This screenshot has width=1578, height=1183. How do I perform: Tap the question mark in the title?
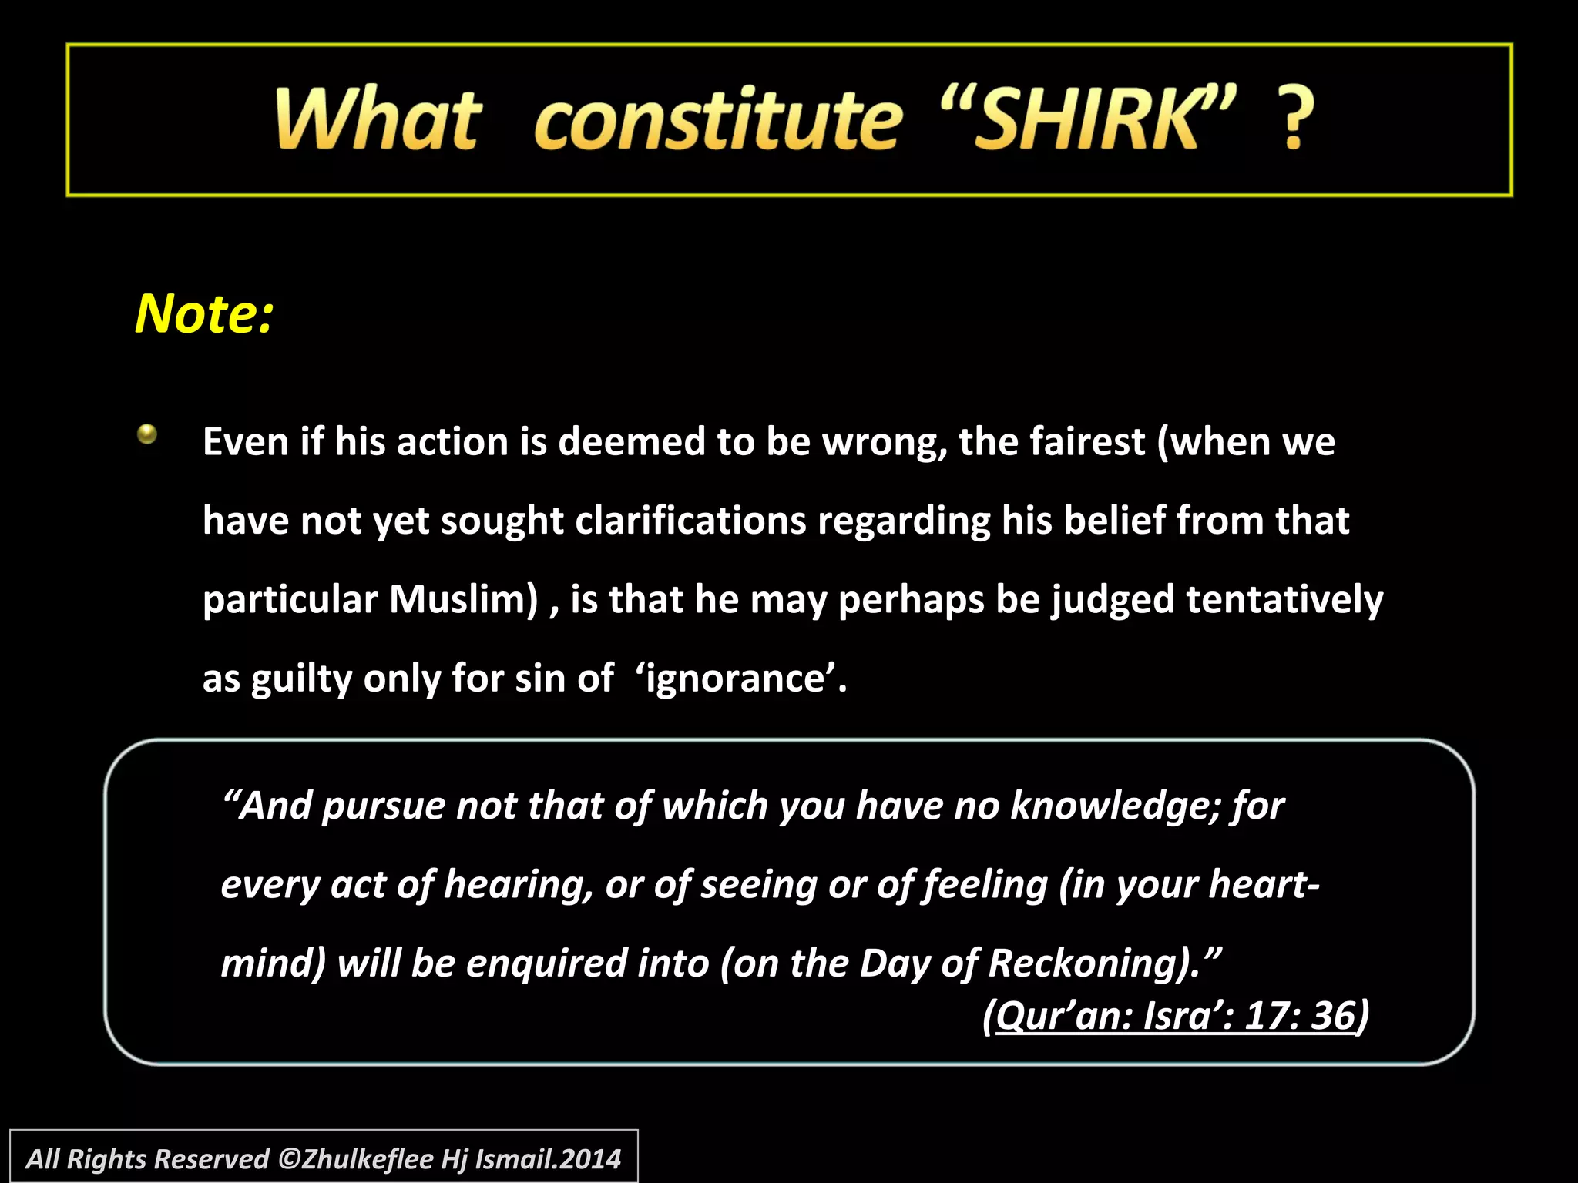(1298, 119)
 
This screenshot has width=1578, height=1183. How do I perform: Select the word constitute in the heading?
(717, 119)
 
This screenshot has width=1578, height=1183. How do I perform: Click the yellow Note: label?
(204, 314)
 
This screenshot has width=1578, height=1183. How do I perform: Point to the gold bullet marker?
(147, 435)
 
